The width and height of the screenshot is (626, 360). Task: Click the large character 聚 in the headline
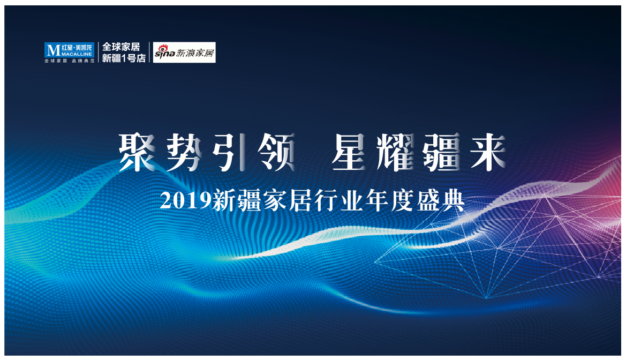[137, 152]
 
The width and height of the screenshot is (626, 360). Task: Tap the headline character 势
[184, 152]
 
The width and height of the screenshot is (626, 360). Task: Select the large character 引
[229, 152]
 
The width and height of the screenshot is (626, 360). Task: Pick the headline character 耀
[395, 152]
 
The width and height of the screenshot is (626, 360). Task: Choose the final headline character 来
[487, 152]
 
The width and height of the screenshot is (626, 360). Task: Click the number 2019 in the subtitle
[185, 200]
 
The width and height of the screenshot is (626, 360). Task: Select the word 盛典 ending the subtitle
[441, 200]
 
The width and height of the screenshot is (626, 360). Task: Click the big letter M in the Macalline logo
[53, 50]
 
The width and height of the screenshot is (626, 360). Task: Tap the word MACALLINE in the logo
[77, 54]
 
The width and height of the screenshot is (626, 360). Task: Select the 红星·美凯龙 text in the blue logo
[77, 48]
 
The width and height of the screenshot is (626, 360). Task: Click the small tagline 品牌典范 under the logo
[83, 61]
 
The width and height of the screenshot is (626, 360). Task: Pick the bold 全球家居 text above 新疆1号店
[122, 47]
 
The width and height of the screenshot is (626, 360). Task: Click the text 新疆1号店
[124, 58]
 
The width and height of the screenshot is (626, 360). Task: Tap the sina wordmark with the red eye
[165, 52]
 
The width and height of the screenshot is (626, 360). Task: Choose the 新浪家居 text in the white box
[195, 53]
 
